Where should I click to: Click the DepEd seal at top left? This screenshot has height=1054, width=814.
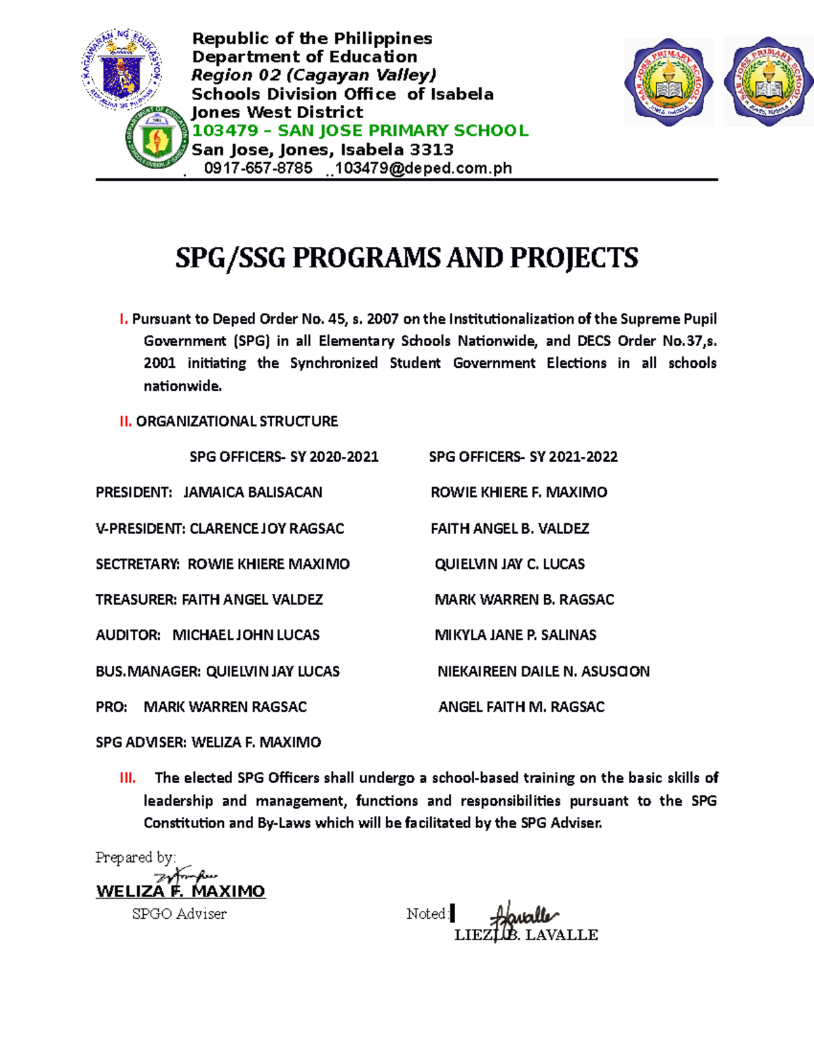[122, 69]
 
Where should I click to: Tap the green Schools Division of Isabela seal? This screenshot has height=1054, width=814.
[157, 138]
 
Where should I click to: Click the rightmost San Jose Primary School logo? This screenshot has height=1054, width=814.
[769, 81]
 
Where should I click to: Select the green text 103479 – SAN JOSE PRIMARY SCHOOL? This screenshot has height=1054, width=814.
[360, 131]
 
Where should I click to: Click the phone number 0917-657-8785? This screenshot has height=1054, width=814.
[258, 168]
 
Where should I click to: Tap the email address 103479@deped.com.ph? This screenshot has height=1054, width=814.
[423, 168]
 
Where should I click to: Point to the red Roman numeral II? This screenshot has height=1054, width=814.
[125, 421]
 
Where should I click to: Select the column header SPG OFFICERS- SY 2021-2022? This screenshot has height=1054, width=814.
[523, 457]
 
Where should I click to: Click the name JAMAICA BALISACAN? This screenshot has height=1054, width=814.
[252, 492]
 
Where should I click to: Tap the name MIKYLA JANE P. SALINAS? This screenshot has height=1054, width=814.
[515, 635]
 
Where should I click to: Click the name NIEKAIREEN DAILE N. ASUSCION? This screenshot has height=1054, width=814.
[543, 671]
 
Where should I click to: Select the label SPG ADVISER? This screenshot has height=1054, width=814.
[141, 742]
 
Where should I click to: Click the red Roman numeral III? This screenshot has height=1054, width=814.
[128, 778]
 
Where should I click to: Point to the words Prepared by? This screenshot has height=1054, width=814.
[136, 858]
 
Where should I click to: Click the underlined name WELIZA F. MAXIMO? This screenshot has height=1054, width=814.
[180, 892]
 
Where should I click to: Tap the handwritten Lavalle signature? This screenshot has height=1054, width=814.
[526, 917]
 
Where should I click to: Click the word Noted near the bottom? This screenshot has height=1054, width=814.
[426, 914]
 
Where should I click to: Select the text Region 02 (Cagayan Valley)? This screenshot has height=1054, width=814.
[313, 75]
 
